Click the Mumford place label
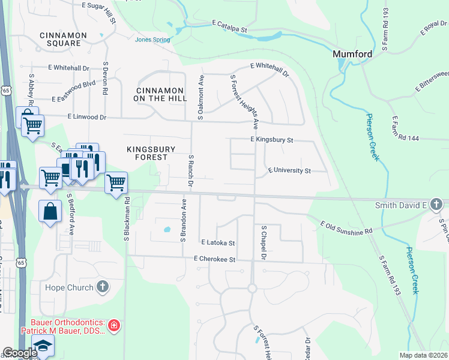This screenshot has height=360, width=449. pyautogui.click(x=352, y=54)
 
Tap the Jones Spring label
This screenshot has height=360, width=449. pyautogui.click(x=152, y=40)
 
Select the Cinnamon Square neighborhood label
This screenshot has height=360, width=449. pyautogui.click(x=60, y=39)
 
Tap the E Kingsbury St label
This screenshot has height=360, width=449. pyautogui.click(x=271, y=140)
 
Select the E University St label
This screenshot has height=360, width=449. pyautogui.click(x=289, y=171)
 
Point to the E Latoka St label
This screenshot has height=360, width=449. pyautogui.click(x=218, y=243)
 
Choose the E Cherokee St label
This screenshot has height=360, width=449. pyautogui.click(x=214, y=259)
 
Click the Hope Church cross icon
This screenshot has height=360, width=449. pyautogui.click(x=103, y=287)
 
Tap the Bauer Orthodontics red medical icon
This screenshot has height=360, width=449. pyautogui.click(x=114, y=326)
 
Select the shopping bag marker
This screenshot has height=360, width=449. pyautogui.click(x=49, y=211)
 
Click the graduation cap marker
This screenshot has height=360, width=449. pyautogui.click(x=43, y=346)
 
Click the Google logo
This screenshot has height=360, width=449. pyautogui.click(x=20, y=353)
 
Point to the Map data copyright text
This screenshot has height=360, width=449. pyautogui.click(x=424, y=355)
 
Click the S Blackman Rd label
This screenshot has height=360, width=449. pyautogui.click(x=127, y=221)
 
